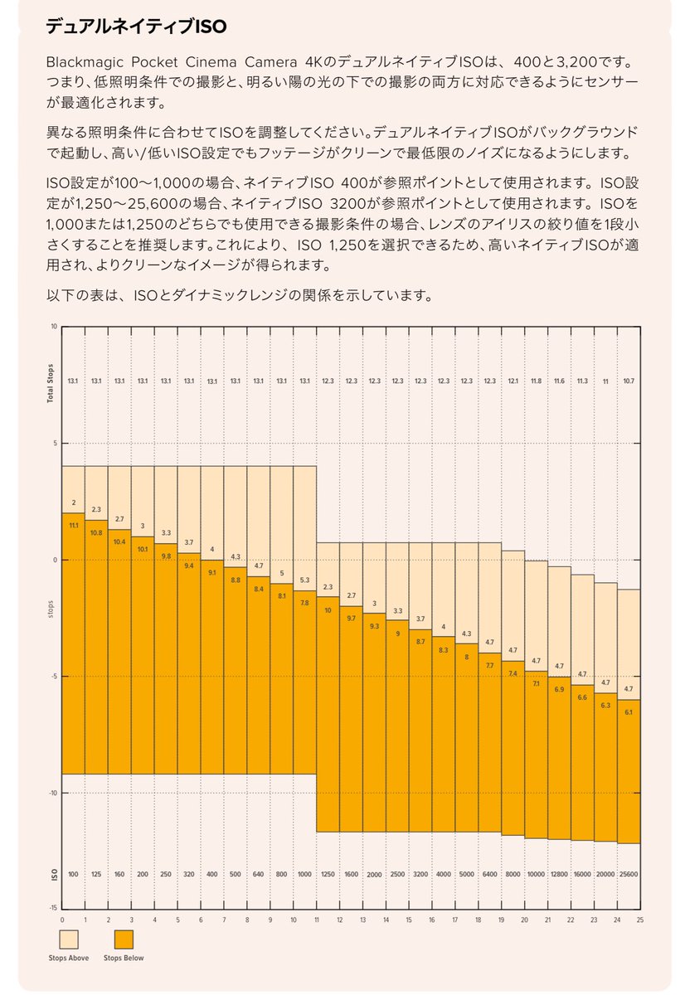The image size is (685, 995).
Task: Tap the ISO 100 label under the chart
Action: [73, 875]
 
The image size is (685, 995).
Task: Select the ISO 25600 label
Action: [628, 875]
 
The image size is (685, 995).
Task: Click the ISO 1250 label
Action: [328, 875]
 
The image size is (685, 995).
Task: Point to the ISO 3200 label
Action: [420, 875]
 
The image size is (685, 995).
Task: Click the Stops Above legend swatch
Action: [70, 939]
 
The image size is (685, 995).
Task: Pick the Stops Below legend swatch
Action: [124, 939]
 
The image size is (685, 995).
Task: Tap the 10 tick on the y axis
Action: [54, 327]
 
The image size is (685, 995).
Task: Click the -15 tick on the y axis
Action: [52, 909]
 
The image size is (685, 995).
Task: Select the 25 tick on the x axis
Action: [639, 919]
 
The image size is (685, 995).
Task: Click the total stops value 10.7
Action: [628, 381]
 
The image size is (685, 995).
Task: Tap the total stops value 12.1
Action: [513, 381]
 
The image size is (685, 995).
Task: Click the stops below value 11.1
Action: [73, 526]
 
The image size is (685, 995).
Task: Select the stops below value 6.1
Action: [628, 711]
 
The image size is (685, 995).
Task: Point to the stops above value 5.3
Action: [304, 580]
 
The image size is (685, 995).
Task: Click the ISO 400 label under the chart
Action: [212, 875]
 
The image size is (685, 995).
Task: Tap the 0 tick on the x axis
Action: [62, 919]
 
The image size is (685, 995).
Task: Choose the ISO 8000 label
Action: [513, 875]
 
